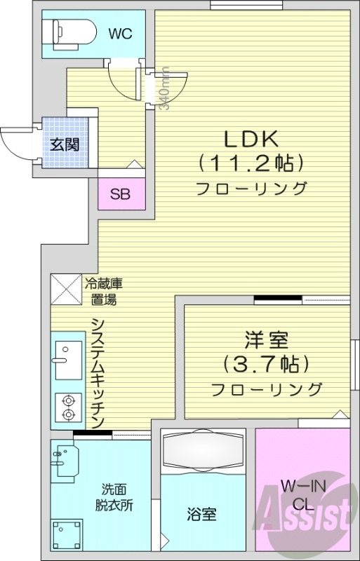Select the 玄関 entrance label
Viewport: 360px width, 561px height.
coord(64,146)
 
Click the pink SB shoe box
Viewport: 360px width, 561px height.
coord(120,194)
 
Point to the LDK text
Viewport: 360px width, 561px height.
coord(251,137)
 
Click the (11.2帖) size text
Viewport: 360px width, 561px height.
coord(251,163)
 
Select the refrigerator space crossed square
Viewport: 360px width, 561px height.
coord(65,288)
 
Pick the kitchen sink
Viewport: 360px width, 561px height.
coord(67,360)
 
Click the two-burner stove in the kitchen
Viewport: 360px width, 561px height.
coord(68,407)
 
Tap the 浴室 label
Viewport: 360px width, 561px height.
coord(201,514)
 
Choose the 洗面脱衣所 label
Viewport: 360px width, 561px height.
coord(114,497)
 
